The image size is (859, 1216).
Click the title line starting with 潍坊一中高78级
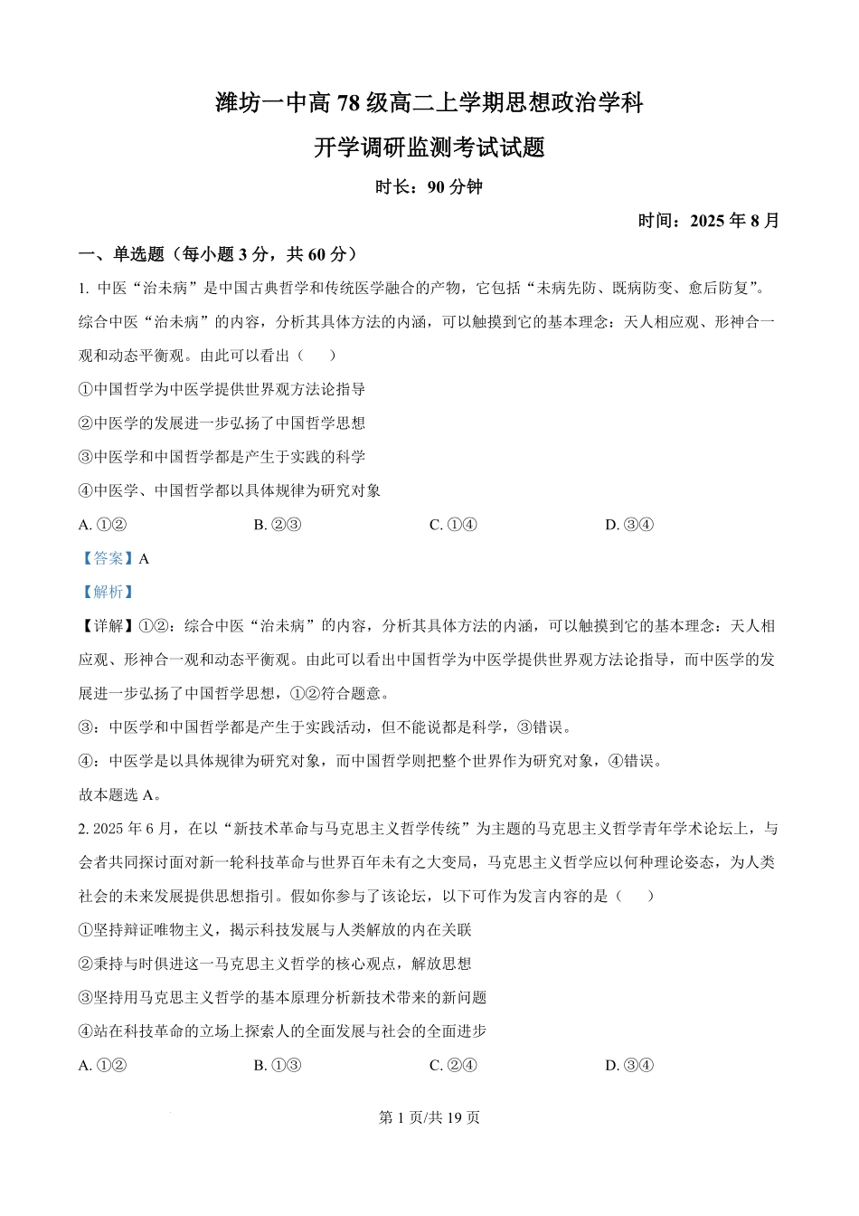coord(429,103)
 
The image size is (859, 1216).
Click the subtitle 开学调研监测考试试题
coord(429,147)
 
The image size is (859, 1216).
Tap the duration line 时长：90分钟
coord(429,187)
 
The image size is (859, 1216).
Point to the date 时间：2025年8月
coord(708,221)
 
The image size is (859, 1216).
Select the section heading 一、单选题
coord(218,254)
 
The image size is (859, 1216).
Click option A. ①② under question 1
coord(102,525)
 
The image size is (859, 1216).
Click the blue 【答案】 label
coord(107,558)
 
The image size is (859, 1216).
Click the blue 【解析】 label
coord(107,592)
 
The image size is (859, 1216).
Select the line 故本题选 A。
coord(120,795)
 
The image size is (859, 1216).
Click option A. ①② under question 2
coord(102,1065)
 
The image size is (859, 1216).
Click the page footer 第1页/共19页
coord(429,1117)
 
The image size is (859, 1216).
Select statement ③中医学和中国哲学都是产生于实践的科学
coord(222,457)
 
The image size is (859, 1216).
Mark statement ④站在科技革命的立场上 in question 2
coord(282,1031)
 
